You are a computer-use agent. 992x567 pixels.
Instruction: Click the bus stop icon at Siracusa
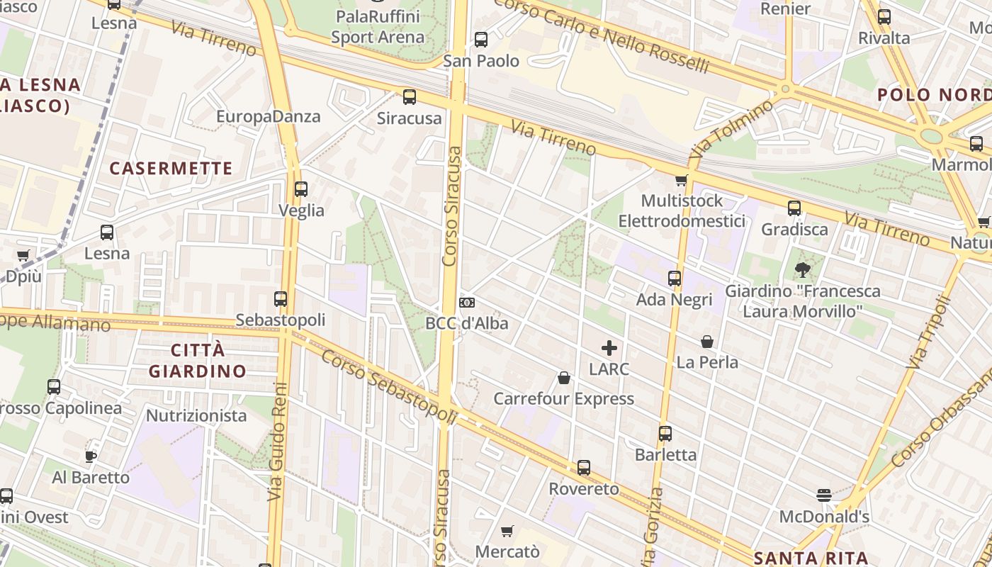tap(410, 97)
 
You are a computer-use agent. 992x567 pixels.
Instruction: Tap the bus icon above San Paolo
tap(481, 40)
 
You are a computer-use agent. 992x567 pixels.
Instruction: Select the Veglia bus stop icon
tap(301, 189)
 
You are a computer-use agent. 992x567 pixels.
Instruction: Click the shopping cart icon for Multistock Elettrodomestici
tap(682, 180)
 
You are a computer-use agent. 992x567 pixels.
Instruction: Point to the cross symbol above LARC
tap(609, 348)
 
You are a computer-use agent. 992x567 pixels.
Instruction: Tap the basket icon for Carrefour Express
tap(564, 378)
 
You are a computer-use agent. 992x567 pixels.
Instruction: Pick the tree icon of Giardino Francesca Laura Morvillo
tap(803, 270)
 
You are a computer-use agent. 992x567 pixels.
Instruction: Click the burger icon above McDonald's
tap(823, 495)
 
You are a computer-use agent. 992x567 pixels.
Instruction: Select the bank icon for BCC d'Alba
tap(467, 303)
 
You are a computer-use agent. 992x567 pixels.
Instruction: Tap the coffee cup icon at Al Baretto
tap(91, 456)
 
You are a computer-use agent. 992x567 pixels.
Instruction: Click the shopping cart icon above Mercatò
tap(507, 531)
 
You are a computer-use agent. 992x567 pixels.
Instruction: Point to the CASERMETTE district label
tap(171, 169)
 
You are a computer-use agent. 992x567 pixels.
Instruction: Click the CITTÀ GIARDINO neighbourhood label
tap(198, 360)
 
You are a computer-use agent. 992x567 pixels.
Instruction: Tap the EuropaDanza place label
tap(269, 116)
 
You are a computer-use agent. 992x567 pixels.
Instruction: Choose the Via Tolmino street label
tap(732, 128)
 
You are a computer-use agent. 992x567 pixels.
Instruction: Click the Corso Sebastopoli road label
tap(388, 387)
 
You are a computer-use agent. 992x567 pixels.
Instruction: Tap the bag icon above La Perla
tap(707, 342)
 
